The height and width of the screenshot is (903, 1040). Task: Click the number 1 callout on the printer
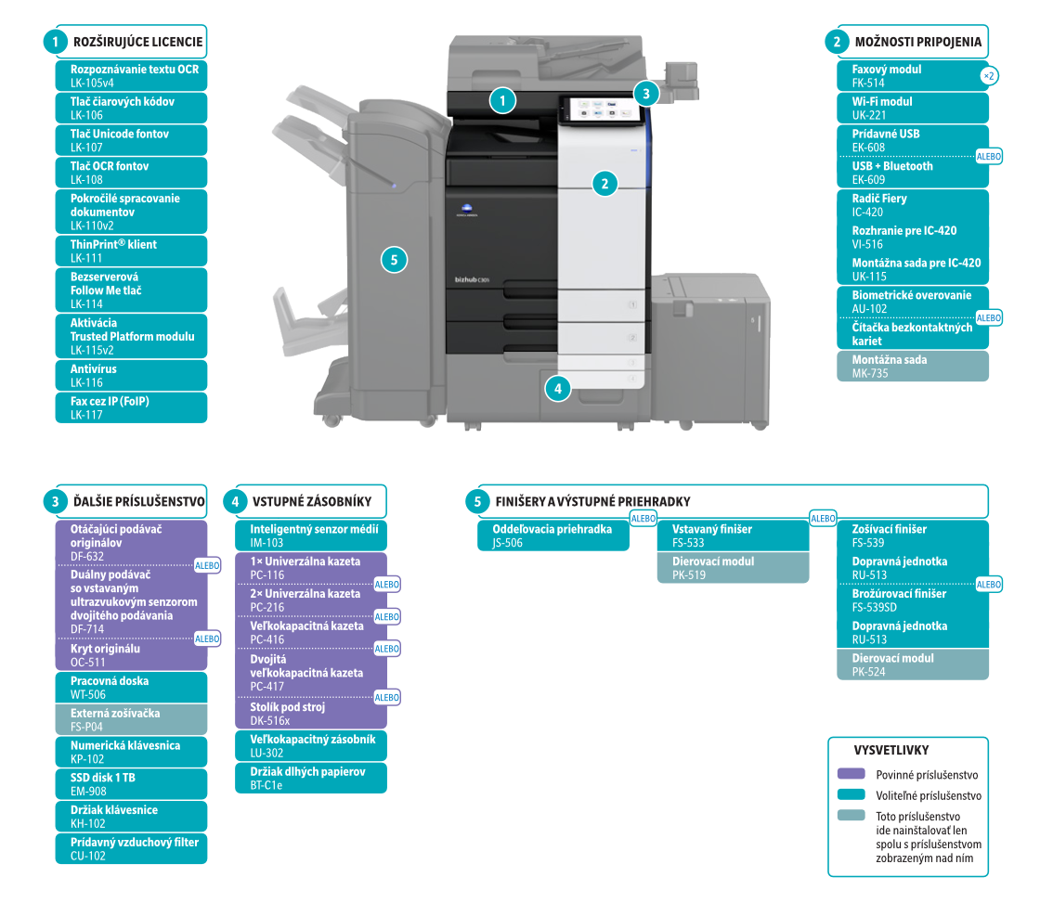(x=502, y=99)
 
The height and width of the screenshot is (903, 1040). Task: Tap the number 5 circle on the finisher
(x=395, y=261)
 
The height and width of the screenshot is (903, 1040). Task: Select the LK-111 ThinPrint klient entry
(x=130, y=251)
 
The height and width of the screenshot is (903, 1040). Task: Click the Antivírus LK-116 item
(x=130, y=375)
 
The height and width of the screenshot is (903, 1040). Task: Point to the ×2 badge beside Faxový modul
(x=990, y=76)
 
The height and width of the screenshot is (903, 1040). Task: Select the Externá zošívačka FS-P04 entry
(x=130, y=719)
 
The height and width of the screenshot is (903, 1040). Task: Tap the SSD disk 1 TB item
(x=130, y=784)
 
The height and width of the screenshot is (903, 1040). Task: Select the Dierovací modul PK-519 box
(x=734, y=568)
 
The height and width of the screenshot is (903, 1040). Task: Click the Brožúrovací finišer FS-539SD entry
(x=915, y=600)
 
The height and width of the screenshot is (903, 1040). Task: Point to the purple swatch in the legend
(x=851, y=774)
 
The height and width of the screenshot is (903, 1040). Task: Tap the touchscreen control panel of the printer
(x=598, y=110)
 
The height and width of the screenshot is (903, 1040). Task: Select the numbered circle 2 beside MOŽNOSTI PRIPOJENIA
(x=838, y=41)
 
